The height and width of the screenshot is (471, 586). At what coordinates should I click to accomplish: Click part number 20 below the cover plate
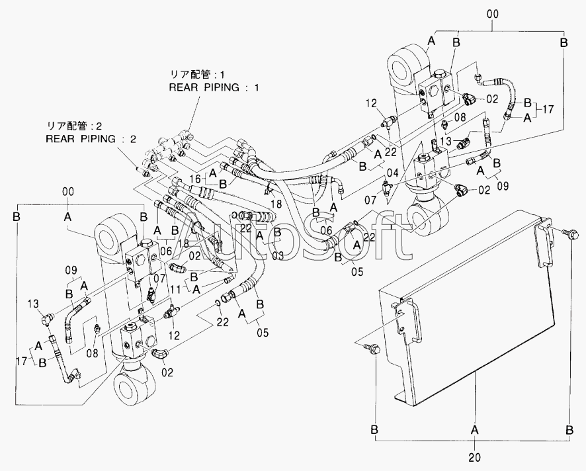[x=475, y=456]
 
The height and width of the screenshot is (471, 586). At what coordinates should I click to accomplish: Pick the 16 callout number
[x=196, y=179]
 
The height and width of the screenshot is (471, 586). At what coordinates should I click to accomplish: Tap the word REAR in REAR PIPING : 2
[x=62, y=139]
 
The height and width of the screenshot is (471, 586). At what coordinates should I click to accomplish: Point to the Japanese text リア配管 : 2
[x=69, y=126]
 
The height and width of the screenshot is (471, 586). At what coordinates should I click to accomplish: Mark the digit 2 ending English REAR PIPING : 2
[x=134, y=139]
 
